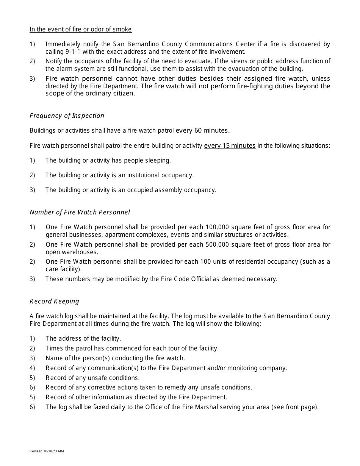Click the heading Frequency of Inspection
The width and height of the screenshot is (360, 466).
[x=67, y=116]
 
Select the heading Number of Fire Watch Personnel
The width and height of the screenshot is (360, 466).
[x=80, y=212]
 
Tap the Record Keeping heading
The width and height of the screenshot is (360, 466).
[x=54, y=301]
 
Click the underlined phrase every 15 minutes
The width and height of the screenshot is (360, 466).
[x=230, y=145]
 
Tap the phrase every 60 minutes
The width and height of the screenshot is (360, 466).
[x=202, y=131]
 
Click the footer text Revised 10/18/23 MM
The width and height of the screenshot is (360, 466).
[x=47, y=451]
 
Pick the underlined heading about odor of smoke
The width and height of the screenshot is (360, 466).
[x=81, y=30]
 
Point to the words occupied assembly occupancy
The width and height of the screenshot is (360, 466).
[x=173, y=190]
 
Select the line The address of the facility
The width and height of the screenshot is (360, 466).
[x=83, y=338]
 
